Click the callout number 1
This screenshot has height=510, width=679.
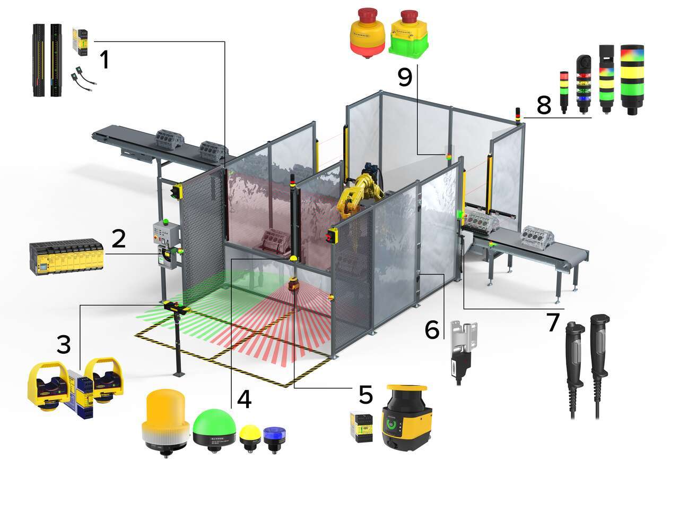point(105,59)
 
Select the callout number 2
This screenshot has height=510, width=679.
point(118,239)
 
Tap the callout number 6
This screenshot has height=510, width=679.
point(432,330)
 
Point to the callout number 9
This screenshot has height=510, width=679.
point(404,78)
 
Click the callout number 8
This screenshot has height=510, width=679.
point(544,105)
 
